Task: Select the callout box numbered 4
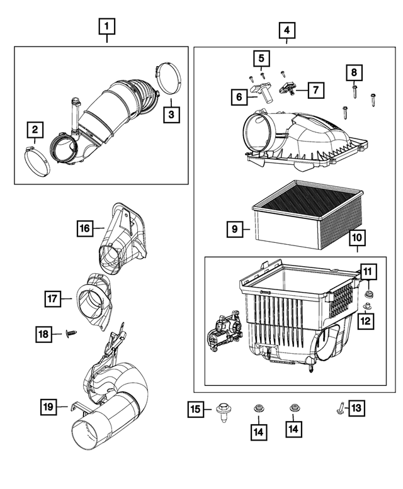[x=287, y=30]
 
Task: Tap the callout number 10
[x=356, y=239]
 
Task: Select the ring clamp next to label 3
[x=167, y=79]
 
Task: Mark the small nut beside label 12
[x=367, y=306]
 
